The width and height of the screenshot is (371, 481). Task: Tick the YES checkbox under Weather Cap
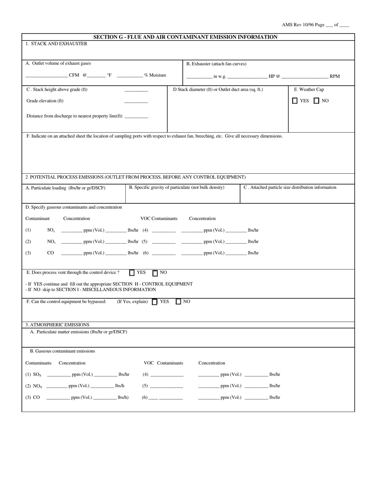click(x=295, y=101)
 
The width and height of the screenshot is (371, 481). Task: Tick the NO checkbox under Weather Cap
click(x=316, y=101)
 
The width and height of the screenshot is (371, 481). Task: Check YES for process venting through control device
click(x=132, y=273)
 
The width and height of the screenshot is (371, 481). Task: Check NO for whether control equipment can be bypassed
click(x=178, y=302)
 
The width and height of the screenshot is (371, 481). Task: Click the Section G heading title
click(x=185, y=37)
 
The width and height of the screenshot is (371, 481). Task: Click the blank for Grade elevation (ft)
click(x=136, y=102)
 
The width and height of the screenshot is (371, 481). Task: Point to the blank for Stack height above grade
click(x=136, y=91)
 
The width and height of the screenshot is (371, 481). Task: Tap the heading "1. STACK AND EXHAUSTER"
click(x=56, y=44)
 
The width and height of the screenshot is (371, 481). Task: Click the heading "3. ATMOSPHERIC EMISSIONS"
click(x=57, y=325)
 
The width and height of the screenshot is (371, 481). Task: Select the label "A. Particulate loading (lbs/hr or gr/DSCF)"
click(x=65, y=188)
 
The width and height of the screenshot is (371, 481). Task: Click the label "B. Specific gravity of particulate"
click(x=177, y=188)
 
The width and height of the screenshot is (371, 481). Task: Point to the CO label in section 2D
click(x=50, y=253)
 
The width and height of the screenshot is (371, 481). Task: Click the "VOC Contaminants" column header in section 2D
click(x=159, y=219)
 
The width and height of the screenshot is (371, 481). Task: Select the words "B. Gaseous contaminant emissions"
click(x=62, y=351)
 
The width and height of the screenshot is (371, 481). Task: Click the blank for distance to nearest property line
click(x=136, y=117)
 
